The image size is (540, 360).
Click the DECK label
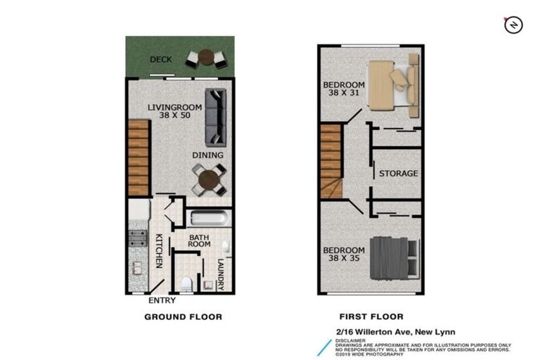161,60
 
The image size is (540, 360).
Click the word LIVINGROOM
174,108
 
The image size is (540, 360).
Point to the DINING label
208,155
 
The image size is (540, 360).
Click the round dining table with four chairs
210,181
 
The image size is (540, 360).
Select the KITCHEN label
159,251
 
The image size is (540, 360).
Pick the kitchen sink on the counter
137,267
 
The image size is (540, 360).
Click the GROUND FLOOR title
183,317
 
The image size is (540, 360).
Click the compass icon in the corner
513,25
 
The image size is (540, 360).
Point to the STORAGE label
398,174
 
